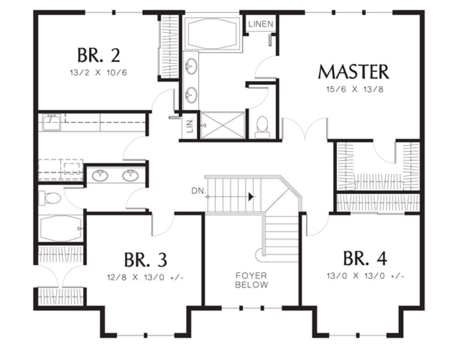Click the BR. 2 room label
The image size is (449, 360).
coord(99,55)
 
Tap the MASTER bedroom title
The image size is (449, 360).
coord(354,72)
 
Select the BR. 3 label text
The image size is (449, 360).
coord(146,260)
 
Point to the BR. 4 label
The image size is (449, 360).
coord(365,259)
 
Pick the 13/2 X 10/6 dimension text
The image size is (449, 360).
coord(98,73)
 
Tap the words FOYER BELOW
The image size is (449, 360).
coord(251,280)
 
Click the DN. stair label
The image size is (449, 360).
coord(199,191)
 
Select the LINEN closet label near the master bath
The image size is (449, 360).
coord(261,24)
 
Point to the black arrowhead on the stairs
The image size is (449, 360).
coord(251,196)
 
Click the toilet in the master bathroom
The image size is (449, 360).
coord(262,127)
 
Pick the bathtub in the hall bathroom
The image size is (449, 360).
coord(61,229)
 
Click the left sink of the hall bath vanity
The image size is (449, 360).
coord(100,176)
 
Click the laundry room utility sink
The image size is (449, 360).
coord(51,122)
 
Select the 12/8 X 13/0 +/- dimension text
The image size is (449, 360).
coord(146,278)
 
